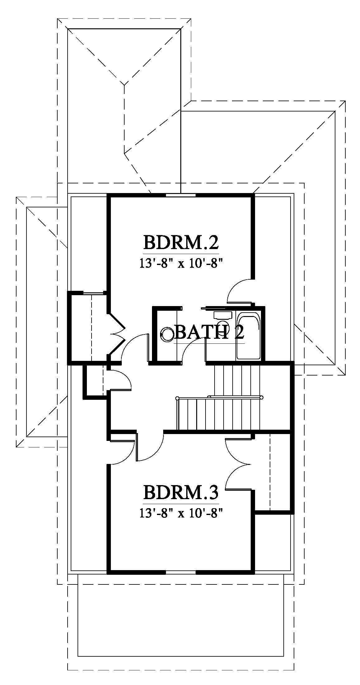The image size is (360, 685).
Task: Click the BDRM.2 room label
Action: (181, 243)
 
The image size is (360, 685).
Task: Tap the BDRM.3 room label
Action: (181, 493)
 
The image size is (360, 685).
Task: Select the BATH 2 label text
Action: (209, 333)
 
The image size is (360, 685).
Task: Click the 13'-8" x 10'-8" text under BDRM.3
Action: (181, 513)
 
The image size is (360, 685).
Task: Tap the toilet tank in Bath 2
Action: (222, 315)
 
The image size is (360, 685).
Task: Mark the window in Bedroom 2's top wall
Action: (181, 195)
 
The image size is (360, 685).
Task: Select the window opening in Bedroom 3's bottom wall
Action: (181, 572)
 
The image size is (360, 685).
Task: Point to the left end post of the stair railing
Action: (177, 398)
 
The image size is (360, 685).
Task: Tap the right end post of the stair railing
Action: (262, 397)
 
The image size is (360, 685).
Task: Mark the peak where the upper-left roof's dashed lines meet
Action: (124, 84)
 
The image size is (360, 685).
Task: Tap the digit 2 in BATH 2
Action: (239, 333)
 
